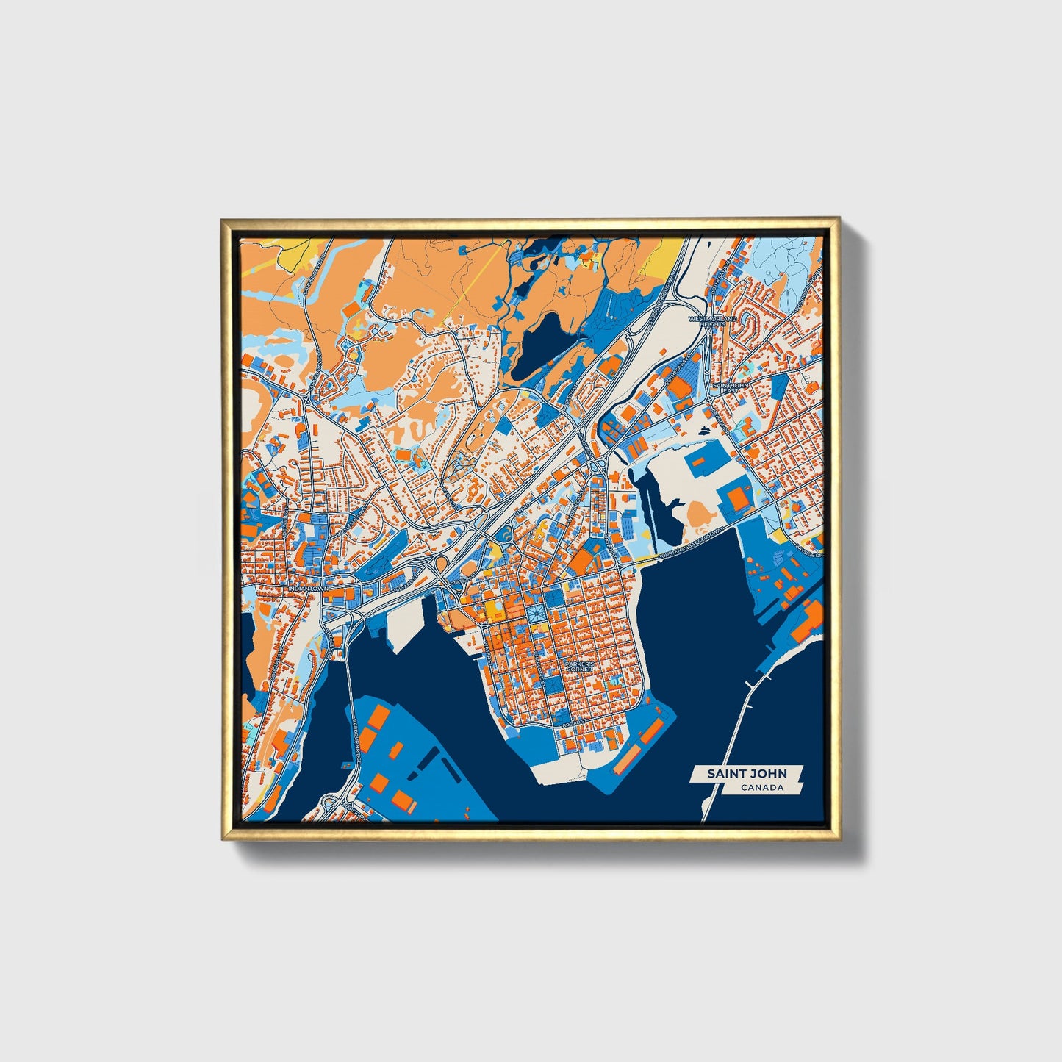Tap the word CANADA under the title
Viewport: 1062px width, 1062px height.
coord(761,788)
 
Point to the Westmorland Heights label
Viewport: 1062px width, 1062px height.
coord(711,321)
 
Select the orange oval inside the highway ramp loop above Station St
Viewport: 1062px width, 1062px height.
coord(442,566)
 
